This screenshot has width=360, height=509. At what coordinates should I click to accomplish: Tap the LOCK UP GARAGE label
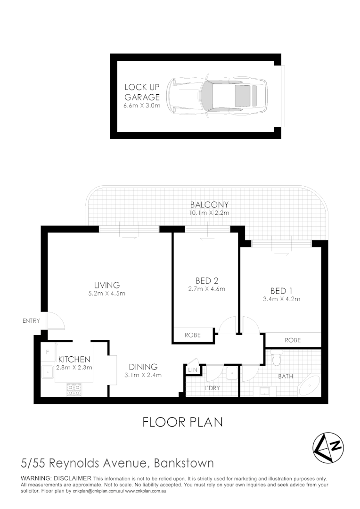(142, 92)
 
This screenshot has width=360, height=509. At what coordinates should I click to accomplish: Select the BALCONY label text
(209, 205)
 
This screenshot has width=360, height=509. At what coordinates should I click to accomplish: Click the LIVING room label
(107, 285)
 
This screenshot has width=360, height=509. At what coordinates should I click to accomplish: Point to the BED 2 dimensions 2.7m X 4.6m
(206, 289)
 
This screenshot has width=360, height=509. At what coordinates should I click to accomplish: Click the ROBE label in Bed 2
(192, 335)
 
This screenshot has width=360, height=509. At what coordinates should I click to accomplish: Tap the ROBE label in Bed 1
(293, 340)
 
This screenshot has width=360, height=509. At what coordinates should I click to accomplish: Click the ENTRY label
(31, 321)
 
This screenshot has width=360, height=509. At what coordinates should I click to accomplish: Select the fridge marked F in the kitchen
(48, 352)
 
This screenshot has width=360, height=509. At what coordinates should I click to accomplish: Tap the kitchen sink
(48, 372)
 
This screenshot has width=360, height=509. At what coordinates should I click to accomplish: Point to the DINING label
(144, 367)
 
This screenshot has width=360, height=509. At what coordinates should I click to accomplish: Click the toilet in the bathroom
(278, 360)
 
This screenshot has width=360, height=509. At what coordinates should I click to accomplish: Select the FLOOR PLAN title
(182, 422)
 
